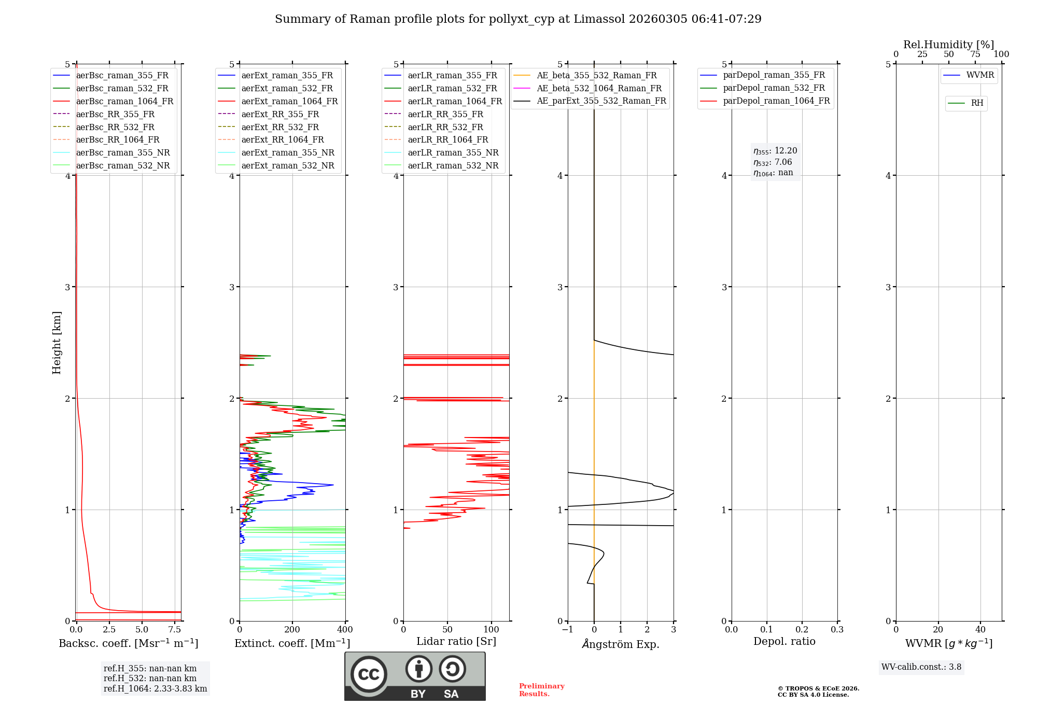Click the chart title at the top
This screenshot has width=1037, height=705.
(x=518, y=19)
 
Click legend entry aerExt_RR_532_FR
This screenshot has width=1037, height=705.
(x=280, y=127)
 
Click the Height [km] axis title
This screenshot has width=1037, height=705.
(x=57, y=343)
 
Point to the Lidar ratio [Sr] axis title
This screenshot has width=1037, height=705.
(x=456, y=641)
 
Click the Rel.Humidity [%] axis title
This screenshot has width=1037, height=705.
(x=948, y=45)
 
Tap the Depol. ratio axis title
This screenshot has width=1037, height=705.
(x=784, y=641)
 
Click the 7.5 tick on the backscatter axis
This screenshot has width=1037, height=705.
(x=175, y=630)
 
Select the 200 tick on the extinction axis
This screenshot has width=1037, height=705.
(x=292, y=630)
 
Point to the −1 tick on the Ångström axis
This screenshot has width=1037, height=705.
(x=568, y=630)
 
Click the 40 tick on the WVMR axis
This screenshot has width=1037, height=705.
(x=980, y=630)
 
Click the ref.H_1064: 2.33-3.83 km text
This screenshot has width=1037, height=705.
(x=155, y=688)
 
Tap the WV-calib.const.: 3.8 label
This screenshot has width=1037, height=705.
(x=921, y=667)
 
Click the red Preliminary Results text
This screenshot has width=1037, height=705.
(x=541, y=690)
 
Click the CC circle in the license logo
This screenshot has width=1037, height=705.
(x=369, y=674)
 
